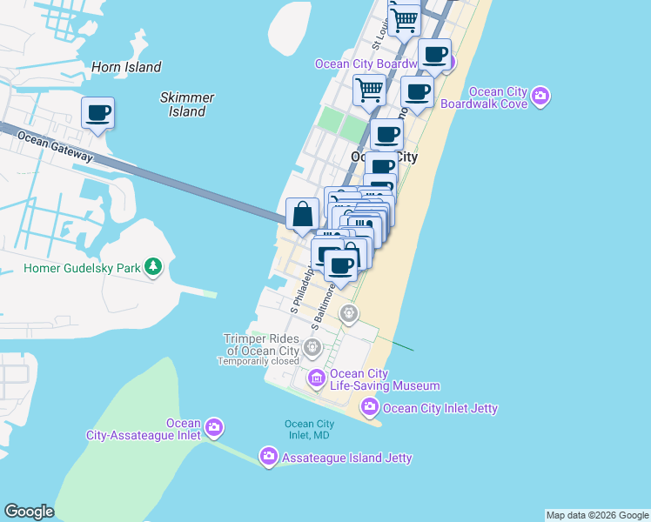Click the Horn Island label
click(126, 67)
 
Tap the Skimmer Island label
click(187, 104)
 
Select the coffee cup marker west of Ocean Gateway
click(98, 112)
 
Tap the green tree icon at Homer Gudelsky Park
click(154, 266)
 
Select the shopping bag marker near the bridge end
click(302, 214)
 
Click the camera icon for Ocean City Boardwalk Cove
click(540, 97)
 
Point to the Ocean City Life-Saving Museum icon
click(316, 378)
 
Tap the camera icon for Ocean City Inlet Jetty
click(370, 406)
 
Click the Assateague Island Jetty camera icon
click(268, 456)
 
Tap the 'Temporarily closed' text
click(258, 361)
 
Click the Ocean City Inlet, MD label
click(309, 430)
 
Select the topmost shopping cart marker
click(404, 19)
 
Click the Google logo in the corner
click(29, 512)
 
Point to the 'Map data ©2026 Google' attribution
click(597, 515)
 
